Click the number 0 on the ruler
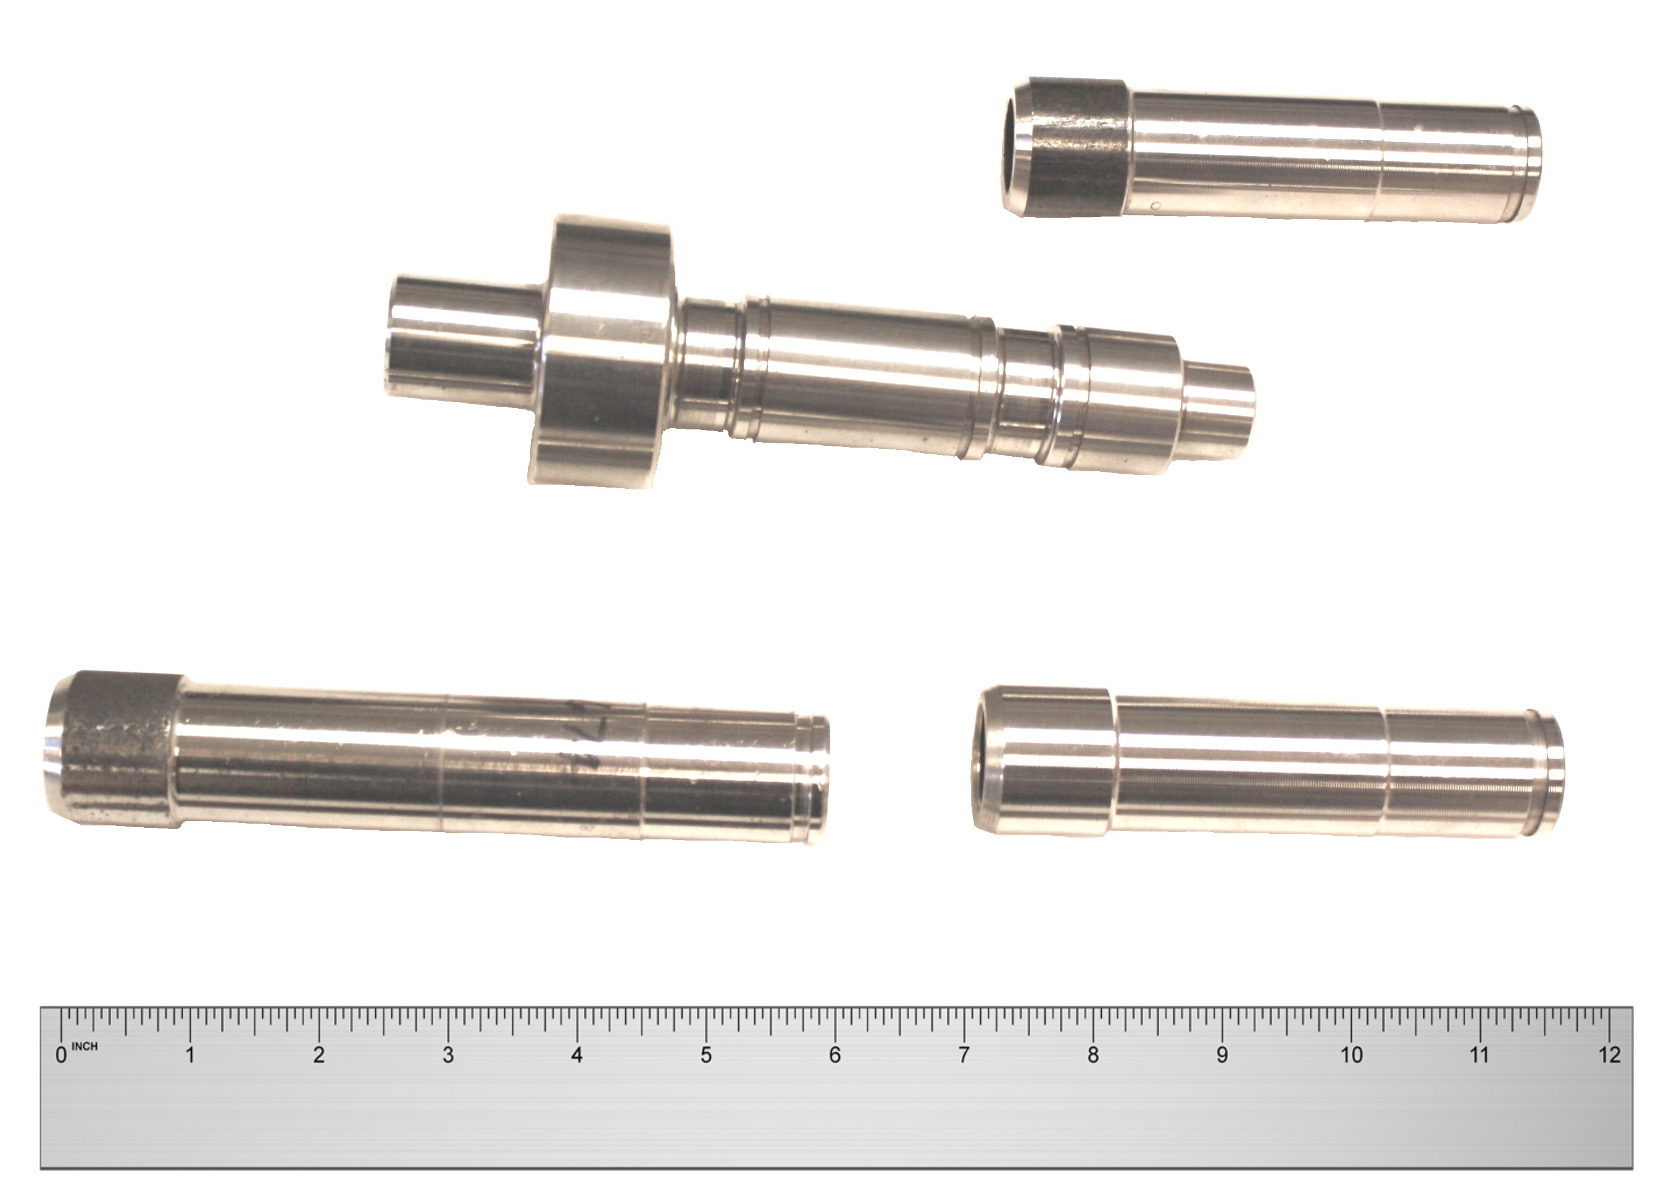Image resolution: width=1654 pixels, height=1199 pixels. click(x=61, y=1055)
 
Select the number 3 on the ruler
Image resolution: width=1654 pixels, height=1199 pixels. click(x=448, y=1055)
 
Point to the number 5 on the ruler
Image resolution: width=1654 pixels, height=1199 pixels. click(x=706, y=1055)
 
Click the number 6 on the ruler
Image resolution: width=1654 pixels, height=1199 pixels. click(x=835, y=1055)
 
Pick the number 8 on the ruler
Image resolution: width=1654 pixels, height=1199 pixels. click(x=1093, y=1055)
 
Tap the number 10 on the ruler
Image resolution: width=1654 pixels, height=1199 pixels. click(x=1351, y=1055)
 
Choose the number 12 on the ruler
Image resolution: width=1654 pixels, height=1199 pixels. click(x=1610, y=1055)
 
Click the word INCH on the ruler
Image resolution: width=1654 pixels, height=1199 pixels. click(x=84, y=1047)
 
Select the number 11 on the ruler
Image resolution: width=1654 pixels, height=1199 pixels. click(x=1480, y=1055)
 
